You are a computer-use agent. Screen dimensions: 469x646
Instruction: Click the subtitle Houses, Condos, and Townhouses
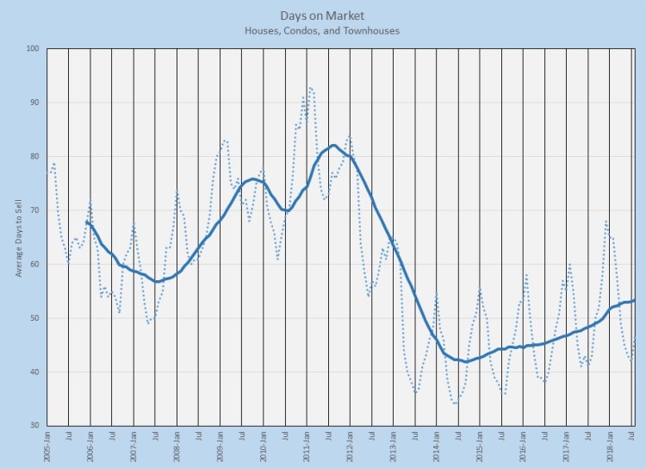point(320,30)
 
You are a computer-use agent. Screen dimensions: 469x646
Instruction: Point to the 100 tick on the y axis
point(33,48)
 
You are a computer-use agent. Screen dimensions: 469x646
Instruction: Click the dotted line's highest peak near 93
point(310,87)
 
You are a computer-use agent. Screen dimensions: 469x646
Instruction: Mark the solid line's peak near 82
point(332,145)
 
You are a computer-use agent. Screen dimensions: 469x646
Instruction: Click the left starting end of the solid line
point(87,222)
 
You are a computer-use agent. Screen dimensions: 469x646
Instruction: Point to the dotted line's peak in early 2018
point(607,222)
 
